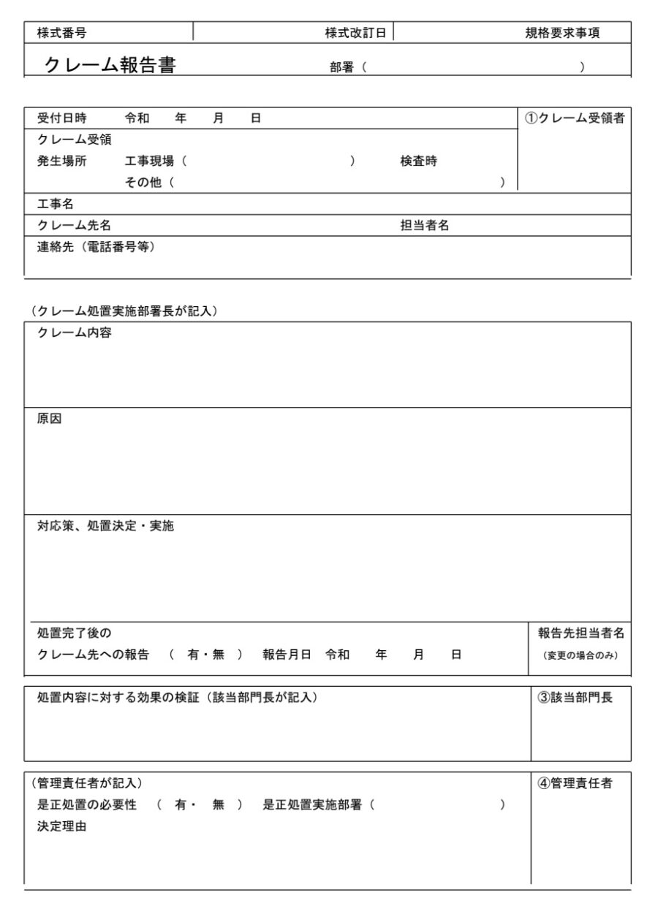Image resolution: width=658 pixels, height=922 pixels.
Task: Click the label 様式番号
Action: [61, 33]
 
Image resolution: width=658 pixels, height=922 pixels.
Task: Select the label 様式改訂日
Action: [355, 33]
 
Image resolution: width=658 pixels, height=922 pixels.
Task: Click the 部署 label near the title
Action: [341, 67]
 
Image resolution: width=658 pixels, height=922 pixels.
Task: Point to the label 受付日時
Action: [61, 118]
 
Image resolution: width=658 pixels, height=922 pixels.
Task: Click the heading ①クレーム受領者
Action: [575, 118]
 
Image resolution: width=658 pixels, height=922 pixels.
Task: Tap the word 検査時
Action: [418, 161]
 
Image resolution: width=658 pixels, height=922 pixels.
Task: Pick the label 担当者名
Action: [424, 226]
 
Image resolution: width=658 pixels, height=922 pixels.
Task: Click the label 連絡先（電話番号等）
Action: [96, 247]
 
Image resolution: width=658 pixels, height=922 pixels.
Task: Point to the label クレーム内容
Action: [74, 333]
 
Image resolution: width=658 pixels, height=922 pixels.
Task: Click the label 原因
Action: [50, 419]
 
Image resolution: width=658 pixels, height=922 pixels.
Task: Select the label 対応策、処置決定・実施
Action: [105, 526]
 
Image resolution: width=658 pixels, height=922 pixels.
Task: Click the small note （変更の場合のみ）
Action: [581, 655]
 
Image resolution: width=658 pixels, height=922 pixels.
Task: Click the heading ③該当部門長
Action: [575, 698]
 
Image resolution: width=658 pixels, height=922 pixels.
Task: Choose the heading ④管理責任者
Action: [575, 784]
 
